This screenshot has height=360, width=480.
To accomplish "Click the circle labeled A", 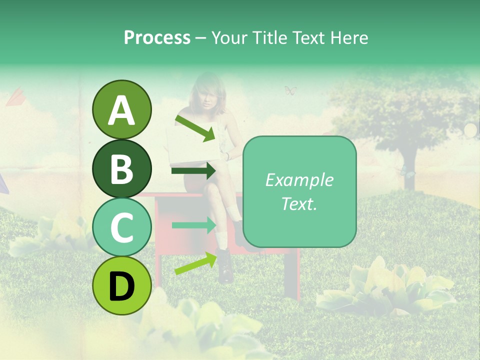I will point(121,110).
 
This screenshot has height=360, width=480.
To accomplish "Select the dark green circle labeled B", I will point(121,168).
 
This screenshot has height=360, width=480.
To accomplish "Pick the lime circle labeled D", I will point(121,285).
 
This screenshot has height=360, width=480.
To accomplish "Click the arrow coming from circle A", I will point(194,127).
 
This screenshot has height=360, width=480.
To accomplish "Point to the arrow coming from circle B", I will point(193,171).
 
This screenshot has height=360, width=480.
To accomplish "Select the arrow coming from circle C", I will point(193,225).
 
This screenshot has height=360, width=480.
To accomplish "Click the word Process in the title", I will point(157,37).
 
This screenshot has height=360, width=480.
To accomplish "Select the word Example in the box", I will point(299,180).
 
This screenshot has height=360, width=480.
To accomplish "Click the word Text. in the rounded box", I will point(299,203).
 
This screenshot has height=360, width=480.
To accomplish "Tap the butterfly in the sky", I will point(290,90).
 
